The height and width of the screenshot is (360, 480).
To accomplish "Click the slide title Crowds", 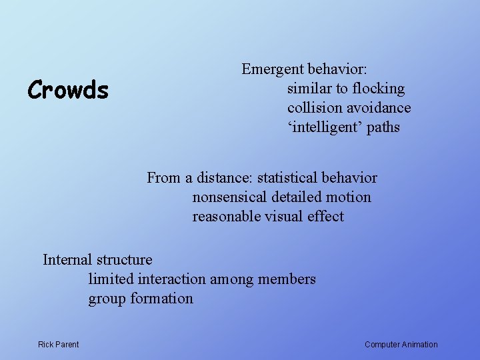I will click(67, 89).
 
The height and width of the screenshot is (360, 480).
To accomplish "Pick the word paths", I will click(383, 127).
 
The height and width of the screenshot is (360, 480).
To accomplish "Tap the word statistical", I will click(287, 178).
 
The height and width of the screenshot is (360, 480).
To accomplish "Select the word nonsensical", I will click(230, 197).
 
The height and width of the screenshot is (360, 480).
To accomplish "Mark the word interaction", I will click(175, 279).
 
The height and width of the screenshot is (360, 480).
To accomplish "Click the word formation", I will click(161, 299).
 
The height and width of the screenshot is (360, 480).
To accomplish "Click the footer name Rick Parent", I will click(58, 345).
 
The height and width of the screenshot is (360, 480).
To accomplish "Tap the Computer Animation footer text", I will click(401, 345).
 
